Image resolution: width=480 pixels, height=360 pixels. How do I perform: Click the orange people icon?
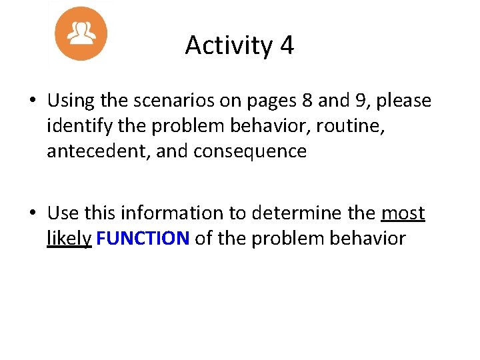click(81, 33)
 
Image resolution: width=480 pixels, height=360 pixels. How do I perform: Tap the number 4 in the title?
click(287, 45)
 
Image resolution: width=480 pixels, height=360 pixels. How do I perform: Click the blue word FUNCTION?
click(143, 238)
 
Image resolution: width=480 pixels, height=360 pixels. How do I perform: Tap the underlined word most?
click(403, 213)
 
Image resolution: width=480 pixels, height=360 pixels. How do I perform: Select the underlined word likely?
click(69, 239)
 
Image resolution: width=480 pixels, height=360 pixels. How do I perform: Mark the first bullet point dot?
click(32, 101)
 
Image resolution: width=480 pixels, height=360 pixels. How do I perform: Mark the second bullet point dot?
click(32, 213)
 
